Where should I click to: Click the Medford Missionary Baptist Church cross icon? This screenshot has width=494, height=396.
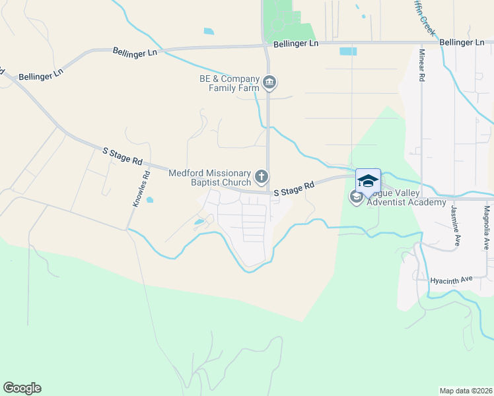pos(262,177)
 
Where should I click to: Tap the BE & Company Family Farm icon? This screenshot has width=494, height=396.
pos(269,82)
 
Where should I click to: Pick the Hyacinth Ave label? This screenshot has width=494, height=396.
pos(451,280)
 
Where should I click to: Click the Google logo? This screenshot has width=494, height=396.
pos(22,388)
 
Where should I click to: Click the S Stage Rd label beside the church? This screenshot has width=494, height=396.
pos(293,190)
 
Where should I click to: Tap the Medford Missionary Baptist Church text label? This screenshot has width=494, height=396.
pos(210,178)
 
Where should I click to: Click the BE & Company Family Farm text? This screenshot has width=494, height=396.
pos(225,82)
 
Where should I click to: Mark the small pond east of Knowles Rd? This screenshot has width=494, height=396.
pos(150,200)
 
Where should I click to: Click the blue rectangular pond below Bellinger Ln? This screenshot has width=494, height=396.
pos(347,51)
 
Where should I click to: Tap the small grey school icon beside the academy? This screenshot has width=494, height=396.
pos(357,197)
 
